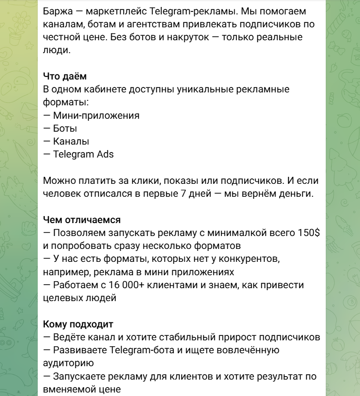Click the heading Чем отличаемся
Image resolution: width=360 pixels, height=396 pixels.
(x=82, y=220)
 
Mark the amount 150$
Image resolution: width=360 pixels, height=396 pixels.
(x=309, y=233)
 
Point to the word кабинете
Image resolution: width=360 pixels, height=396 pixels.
(x=110, y=89)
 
